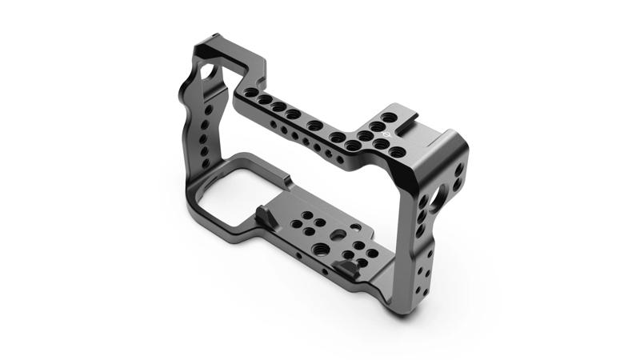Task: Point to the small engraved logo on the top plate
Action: click(382, 134)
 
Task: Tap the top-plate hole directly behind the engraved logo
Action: click(389, 118)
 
